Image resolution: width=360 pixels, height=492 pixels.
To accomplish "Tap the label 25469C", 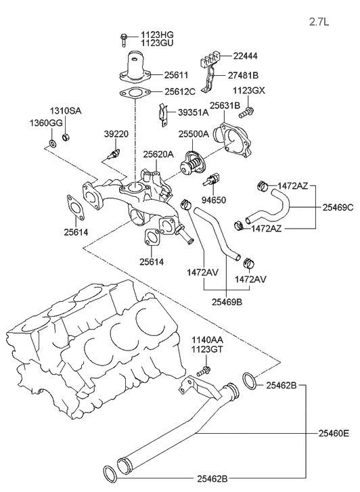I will [x=337, y=207].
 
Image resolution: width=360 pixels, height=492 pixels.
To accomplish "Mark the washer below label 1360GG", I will [x=52, y=144].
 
